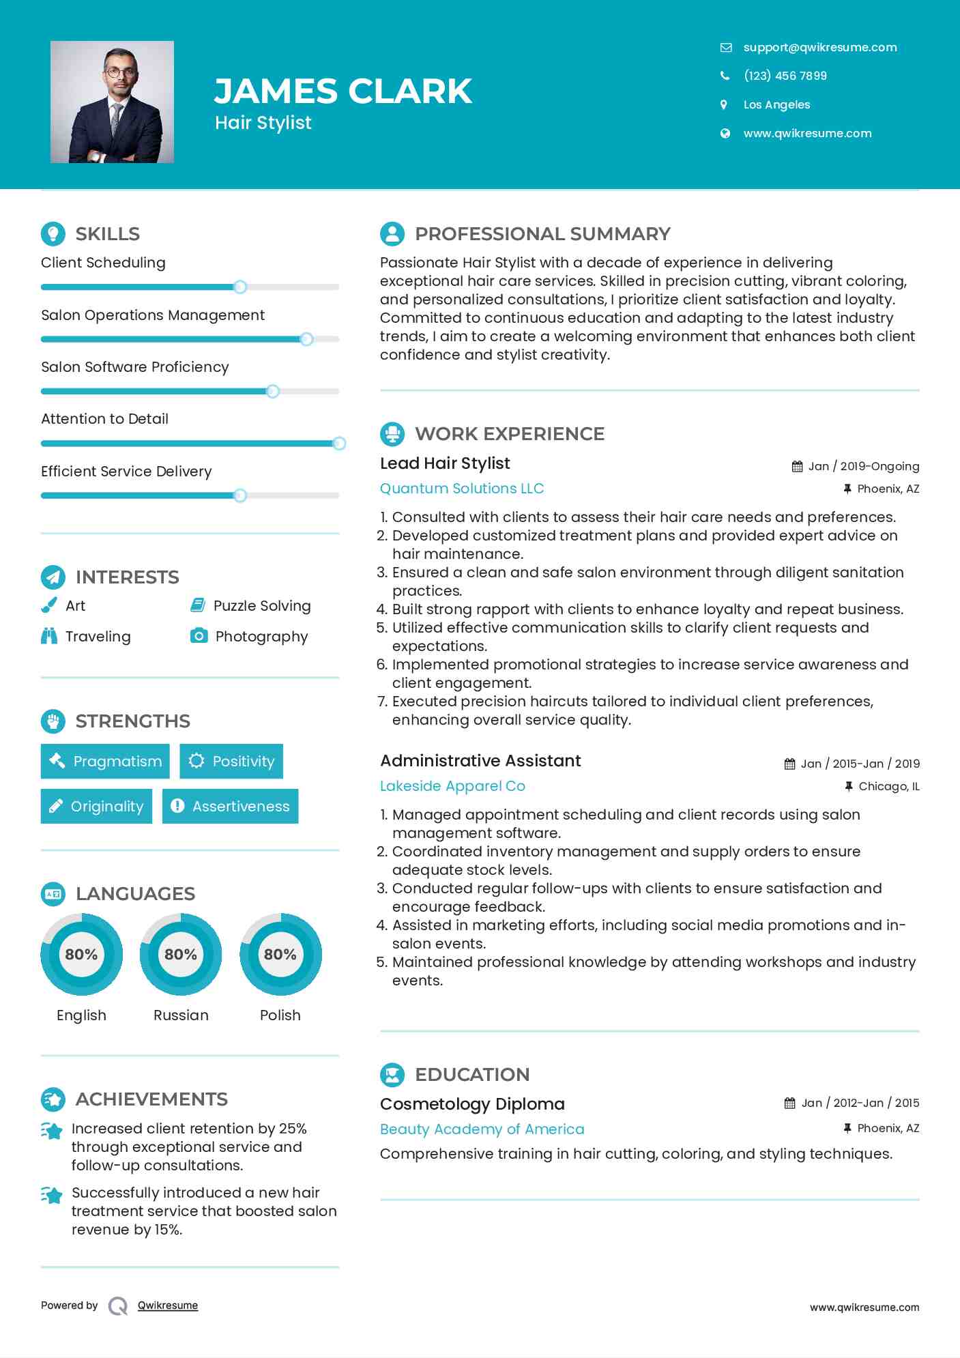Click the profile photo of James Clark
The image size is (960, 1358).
coord(112,102)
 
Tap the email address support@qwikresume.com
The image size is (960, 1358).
coord(819,47)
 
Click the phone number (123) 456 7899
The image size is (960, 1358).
coord(785,76)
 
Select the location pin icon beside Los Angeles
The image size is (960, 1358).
coord(724,104)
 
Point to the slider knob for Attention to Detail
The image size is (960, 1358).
coord(339,444)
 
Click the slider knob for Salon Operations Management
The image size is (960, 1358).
coord(306,339)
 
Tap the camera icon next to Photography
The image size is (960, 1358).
coord(199,636)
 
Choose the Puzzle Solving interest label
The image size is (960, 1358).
coord(261,606)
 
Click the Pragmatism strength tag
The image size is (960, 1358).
coord(105,761)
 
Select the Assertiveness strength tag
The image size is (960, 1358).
coord(230,806)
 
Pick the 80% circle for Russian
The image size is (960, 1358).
coord(181,954)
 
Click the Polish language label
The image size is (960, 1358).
coord(280,1015)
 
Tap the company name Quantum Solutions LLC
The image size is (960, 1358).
coord(461,489)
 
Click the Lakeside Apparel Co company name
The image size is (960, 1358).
coord(452,786)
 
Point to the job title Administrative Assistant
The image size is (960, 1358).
coord(480,761)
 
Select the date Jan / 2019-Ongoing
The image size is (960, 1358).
coord(863,467)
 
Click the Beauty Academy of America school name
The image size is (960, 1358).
coord(482,1129)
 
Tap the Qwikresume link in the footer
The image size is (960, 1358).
coord(168,1305)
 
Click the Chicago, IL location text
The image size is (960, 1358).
coord(888,787)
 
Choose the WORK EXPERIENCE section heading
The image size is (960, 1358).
coord(509,434)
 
